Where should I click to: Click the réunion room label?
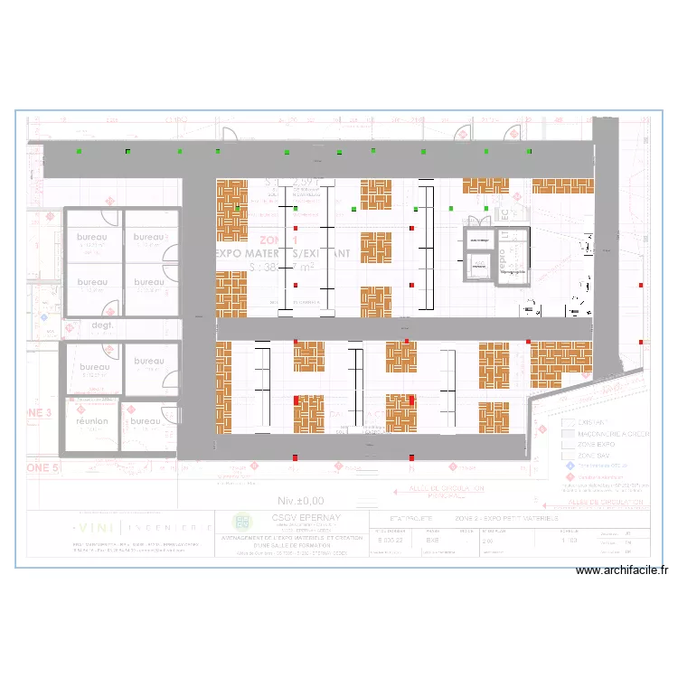tap(92, 421)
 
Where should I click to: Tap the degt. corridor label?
tap(101, 325)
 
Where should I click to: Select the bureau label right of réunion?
tap(145, 421)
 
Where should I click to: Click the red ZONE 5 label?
tap(42, 468)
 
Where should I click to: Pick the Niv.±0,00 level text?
tap(301, 500)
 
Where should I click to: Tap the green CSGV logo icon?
tap(242, 521)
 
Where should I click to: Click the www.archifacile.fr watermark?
tap(621, 570)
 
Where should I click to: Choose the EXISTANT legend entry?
tap(595, 422)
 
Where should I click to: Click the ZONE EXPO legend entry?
tap(598, 445)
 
